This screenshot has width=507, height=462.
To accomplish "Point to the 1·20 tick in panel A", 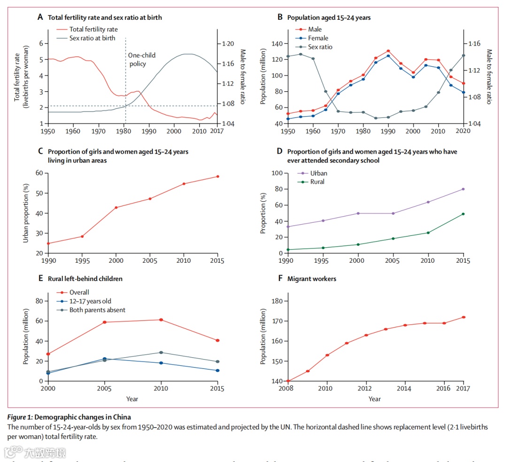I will [228, 44].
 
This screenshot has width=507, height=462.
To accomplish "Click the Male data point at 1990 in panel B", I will [388, 51].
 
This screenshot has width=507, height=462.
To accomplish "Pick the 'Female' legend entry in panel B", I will [318, 38].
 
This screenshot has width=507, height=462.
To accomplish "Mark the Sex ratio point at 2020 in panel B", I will [463, 55].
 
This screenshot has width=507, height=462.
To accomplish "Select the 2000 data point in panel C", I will [116, 207].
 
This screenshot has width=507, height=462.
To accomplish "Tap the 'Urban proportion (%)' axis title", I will [26, 213].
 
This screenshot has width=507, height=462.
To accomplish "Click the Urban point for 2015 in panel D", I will [463, 189].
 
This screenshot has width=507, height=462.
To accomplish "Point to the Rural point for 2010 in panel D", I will [428, 233].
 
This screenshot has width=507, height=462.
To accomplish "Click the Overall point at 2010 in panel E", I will [161, 320].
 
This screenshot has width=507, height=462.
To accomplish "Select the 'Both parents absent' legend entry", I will [97, 310].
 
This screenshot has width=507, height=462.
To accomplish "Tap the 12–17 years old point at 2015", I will [217, 370].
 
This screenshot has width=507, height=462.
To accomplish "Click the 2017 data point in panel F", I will [463, 317].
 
